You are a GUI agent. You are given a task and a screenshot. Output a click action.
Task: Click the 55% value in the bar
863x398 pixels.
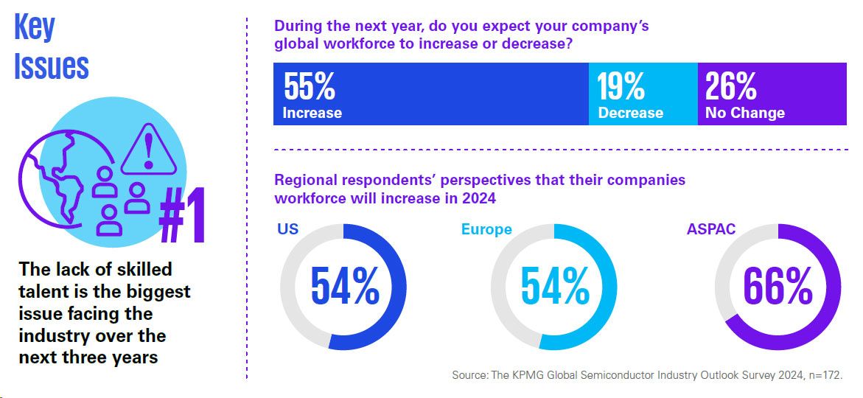click(x=310, y=87)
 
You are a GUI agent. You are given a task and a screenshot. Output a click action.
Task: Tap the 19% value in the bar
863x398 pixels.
click(x=621, y=87)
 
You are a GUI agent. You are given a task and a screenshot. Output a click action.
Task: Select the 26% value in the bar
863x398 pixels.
click(x=730, y=87)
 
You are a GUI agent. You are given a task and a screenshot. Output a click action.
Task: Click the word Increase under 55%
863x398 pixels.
click(x=312, y=113)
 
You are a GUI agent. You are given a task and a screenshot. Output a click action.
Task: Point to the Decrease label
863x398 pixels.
click(x=630, y=113)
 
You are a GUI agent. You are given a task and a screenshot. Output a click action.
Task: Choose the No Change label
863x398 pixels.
click(x=744, y=113)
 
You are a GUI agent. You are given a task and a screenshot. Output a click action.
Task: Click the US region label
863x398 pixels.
click(x=288, y=228)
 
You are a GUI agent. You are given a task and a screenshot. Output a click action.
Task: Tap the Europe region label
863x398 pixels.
click(x=486, y=229)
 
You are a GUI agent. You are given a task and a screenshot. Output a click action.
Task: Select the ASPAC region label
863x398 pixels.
click(x=710, y=228)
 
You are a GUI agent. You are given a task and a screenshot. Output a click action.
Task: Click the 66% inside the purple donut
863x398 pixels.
click(x=778, y=286)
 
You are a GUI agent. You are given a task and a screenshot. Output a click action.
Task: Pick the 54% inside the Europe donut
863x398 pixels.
click(x=554, y=286)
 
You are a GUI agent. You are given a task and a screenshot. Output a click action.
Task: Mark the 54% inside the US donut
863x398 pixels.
click(x=344, y=286)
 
